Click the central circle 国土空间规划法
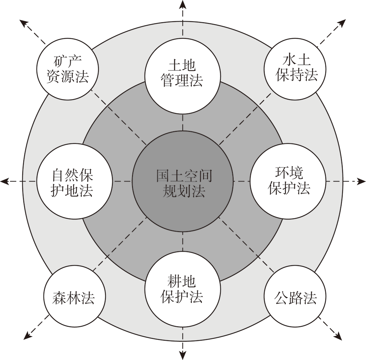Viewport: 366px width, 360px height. tap(183, 181)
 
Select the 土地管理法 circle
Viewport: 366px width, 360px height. tap(183, 76)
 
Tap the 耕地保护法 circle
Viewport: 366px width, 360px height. tap(183, 289)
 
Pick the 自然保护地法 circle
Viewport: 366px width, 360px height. tap(74, 181)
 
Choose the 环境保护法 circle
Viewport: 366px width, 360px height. tap(288, 181)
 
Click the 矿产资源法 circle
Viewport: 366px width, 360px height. tap(67, 69)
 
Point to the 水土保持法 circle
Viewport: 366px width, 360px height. tap(295, 69)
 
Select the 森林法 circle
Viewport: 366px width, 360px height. tap(74, 296)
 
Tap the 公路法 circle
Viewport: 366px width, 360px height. tap(295, 296)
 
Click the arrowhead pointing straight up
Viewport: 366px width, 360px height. tap(183, 5)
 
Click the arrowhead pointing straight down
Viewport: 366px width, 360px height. tap(183, 355)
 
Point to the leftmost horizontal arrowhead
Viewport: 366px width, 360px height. tap(5, 181)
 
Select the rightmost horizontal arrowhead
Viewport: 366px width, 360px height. tap(361, 181)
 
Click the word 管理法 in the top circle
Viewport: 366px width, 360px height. tap(182, 80)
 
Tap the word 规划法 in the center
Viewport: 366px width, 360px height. tap(184, 191)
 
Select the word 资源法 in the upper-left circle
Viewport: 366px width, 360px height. tap(68, 76)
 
